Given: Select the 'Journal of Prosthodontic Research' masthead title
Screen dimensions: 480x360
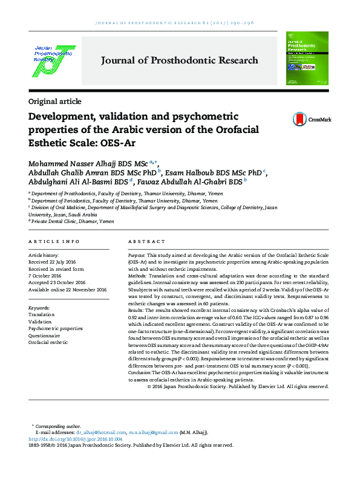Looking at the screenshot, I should (x=179, y=60).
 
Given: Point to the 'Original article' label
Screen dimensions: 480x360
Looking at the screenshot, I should (x=54, y=102).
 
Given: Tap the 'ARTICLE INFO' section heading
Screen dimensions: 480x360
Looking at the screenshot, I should (x=54, y=241).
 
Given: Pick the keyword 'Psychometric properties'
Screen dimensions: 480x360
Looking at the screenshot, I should (x=56, y=328).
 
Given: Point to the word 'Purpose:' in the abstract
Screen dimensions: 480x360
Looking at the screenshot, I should (x=137, y=256).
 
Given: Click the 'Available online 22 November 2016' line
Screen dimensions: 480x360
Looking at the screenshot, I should (x=68, y=290).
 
